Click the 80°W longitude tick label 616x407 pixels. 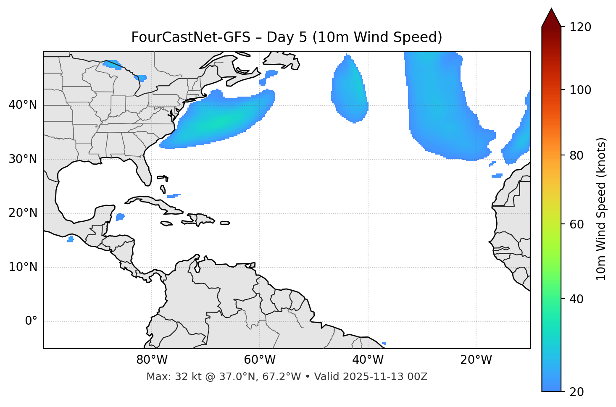152,360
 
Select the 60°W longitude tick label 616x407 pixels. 260,360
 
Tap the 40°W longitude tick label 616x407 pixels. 368,360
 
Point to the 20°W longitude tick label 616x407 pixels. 476,360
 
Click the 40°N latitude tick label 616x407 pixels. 23,105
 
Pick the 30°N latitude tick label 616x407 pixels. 23,159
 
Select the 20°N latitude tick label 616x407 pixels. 23,213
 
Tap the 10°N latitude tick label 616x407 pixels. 23,267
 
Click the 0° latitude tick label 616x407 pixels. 31,321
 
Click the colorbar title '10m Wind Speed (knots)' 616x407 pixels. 601,209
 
